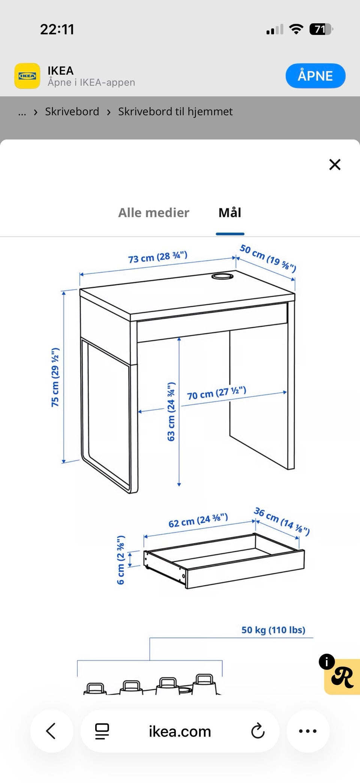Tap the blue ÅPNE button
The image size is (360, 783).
tap(315, 76)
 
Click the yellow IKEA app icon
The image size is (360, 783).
tap(27, 76)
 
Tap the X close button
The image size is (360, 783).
tap(335, 164)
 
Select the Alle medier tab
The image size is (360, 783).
tap(154, 213)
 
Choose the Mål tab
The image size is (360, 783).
tap(230, 213)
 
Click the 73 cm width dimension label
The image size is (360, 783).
tap(157, 257)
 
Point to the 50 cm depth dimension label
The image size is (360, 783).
tap(268, 258)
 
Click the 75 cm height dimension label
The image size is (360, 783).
tap(55, 377)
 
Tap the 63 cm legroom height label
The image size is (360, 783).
tap(171, 412)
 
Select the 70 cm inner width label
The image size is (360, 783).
tap(217, 393)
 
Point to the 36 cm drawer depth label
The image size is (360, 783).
tap(282, 521)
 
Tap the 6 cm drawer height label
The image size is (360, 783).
tap(120, 560)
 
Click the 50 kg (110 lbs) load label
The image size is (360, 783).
tap(273, 630)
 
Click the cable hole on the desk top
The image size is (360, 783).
tap(222, 277)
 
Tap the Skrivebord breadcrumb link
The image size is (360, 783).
tap(72, 111)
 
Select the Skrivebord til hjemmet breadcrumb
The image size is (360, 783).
tap(175, 111)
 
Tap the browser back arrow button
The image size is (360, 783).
tap(51, 731)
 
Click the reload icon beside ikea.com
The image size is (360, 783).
tap(258, 731)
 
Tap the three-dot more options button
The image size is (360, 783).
tap(308, 731)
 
